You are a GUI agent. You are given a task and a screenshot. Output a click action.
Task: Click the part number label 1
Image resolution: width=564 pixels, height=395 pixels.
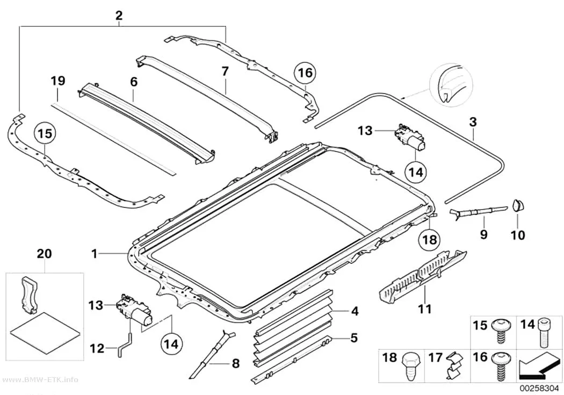pyautogui.click(x=95, y=254)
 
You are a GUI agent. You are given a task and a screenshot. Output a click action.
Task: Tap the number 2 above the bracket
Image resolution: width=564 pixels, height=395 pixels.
pyautogui.click(x=119, y=16)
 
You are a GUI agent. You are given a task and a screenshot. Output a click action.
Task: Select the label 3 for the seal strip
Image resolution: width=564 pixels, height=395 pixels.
pyautogui.click(x=473, y=122)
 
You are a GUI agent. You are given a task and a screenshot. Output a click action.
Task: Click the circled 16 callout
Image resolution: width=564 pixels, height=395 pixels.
pyautogui.click(x=305, y=73)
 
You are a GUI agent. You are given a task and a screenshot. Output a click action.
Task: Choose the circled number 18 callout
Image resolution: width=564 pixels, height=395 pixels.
pyautogui.click(x=430, y=240)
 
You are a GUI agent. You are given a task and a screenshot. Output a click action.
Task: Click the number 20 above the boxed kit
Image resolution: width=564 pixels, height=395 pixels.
pyautogui.click(x=45, y=254)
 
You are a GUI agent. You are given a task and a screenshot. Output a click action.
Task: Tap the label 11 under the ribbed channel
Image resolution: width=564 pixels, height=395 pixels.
pyautogui.click(x=424, y=308)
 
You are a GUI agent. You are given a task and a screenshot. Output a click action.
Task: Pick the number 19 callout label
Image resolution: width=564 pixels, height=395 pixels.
pyautogui.click(x=58, y=81)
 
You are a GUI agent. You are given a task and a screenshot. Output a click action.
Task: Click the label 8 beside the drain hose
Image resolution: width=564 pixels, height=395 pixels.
pyautogui.click(x=236, y=364)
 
